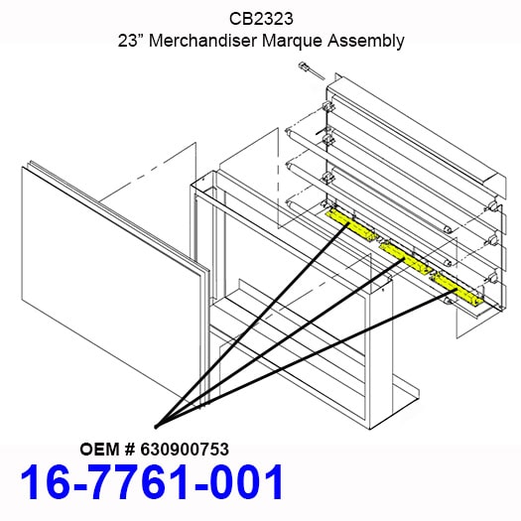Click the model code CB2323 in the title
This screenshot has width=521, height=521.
(261, 19)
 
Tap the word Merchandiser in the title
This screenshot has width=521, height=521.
(202, 41)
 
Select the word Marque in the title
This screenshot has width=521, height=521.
(292, 42)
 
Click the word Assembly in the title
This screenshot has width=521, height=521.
(366, 42)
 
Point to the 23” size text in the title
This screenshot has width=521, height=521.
(131, 41)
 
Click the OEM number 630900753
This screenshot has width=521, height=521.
(185, 450)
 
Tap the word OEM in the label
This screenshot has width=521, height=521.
(99, 450)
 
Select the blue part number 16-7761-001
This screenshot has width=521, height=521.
(152, 481)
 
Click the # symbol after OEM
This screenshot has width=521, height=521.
(130, 450)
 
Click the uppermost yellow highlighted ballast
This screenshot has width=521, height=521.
(352, 225)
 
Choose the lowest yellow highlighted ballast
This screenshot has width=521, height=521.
(457, 289)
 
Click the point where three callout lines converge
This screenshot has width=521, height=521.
(156, 427)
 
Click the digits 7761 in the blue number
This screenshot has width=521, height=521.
(142, 481)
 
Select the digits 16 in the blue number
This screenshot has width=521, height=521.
(46, 481)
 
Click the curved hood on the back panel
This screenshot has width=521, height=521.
(417, 134)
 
